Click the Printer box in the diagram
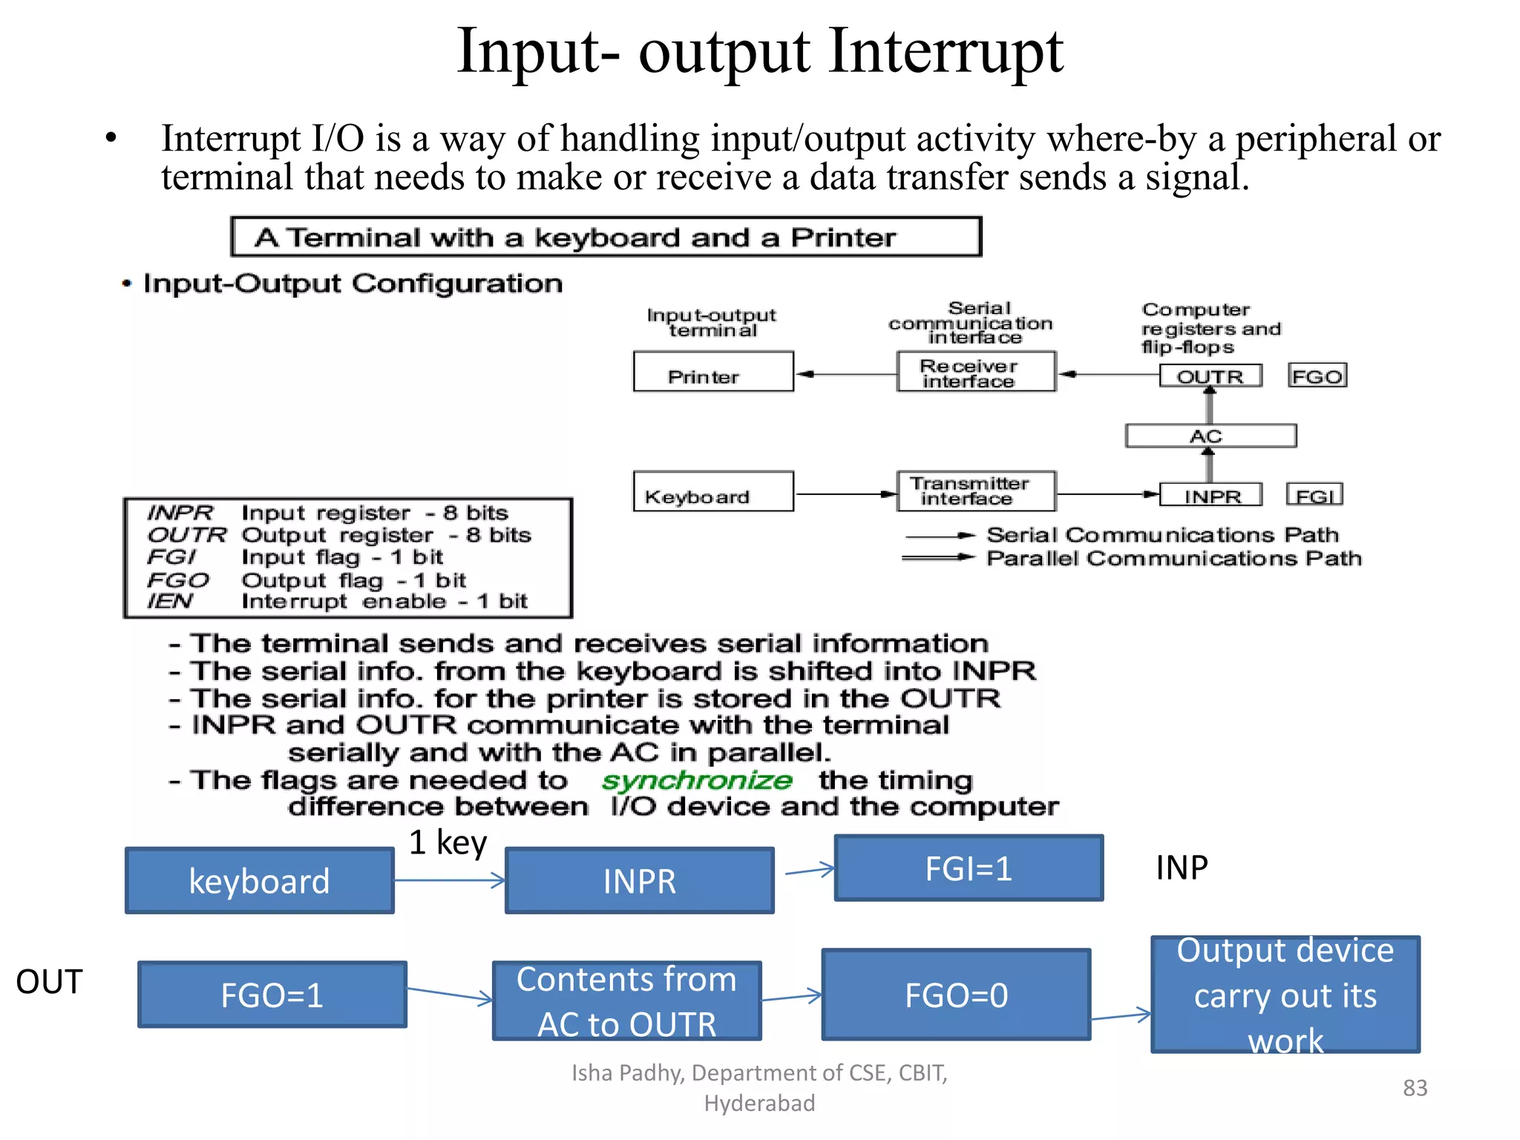pyautogui.click(x=712, y=372)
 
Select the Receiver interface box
pyautogui.click(x=975, y=372)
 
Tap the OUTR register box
pyautogui.click(x=1211, y=376)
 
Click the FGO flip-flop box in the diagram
pyautogui.click(x=1317, y=376)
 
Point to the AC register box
pyautogui.click(x=1210, y=436)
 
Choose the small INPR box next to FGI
pyautogui.click(x=1211, y=495)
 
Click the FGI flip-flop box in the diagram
pyautogui.click(x=1314, y=495)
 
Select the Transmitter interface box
pyautogui.click(x=975, y=491)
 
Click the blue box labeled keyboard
pyautogui.click(x=259, y=881)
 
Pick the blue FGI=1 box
pyautogui.click(x=969, y=868)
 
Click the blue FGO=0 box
pyautogui.click(x=956, y=995)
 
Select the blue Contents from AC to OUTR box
pyautogui.click(x=626, y=1000)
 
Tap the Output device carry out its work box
pyautogui.click(x=1285, y=995)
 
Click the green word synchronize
pyautogui.click(x=696, y=780)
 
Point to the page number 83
pyautogui.click(x=1415, y=1088)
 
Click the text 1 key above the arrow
pyautogui.click(x=448, y=842)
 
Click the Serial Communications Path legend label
pyautogui.click(x=1162, y=535)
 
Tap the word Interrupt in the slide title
pyautogui.click(x=946, y=52)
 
